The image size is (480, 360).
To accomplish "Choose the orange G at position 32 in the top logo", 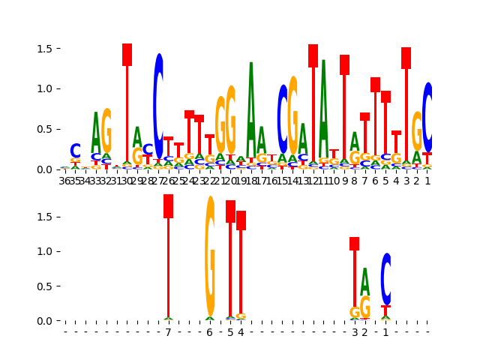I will (x=106, y=130).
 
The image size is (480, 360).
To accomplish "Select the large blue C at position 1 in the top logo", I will (x=427, y=117).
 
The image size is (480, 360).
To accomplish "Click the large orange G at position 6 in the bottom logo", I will (x=210, y=255).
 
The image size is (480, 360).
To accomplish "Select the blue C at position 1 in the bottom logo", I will (x=386, y=278).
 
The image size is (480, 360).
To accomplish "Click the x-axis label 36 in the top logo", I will (x=64, y=180).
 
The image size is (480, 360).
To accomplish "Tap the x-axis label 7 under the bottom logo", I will (x=168, y=332).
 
